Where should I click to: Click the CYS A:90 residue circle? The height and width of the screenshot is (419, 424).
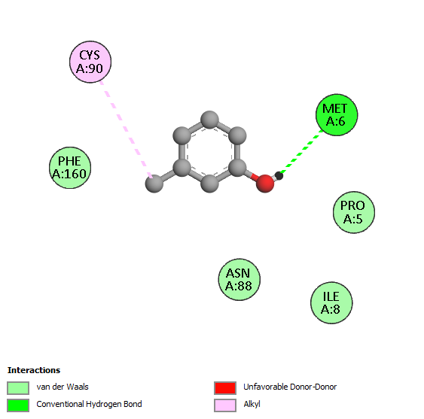coord(90,62)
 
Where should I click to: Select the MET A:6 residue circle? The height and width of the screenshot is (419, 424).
coord(337,115)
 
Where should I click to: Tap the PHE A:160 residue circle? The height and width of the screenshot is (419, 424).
coord(70,168)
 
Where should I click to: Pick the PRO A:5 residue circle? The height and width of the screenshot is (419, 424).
coord(354,212)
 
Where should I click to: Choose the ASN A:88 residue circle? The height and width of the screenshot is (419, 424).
coord(239,280)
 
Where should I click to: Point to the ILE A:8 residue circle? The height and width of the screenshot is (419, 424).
coord(331,303)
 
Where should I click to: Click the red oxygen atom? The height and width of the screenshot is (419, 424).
coord(265,184)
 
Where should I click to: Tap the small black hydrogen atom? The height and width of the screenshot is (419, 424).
coord(279,176)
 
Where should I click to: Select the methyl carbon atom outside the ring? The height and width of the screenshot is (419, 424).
coord(154,184)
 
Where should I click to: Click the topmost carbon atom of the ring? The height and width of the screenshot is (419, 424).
coord(209,120)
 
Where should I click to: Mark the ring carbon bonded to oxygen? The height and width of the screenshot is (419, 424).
coord(237,168)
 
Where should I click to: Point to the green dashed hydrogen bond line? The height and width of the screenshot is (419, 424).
coord(301,152)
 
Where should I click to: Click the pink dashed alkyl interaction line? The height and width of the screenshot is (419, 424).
coord(126,129)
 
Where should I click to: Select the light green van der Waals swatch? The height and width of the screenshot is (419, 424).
coord(18,388)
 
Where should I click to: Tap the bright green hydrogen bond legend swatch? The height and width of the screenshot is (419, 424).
coord(18,405)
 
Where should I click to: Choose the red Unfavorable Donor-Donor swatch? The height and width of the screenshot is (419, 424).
coord(225,388)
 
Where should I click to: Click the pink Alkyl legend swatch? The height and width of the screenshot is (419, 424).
coord(225,405)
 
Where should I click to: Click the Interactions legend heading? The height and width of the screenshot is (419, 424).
coord(34,370)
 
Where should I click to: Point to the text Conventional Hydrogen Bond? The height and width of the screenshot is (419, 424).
coord(89,405)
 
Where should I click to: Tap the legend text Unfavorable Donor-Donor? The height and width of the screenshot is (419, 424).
coord(290,387)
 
